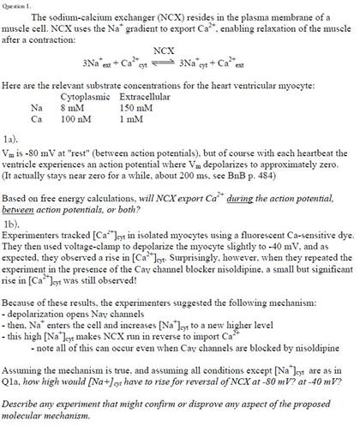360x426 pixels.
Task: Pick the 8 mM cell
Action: tap(72, 109)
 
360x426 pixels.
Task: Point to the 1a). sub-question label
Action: tap(10, 137)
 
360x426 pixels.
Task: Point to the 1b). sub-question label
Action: tap(11, 222)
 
